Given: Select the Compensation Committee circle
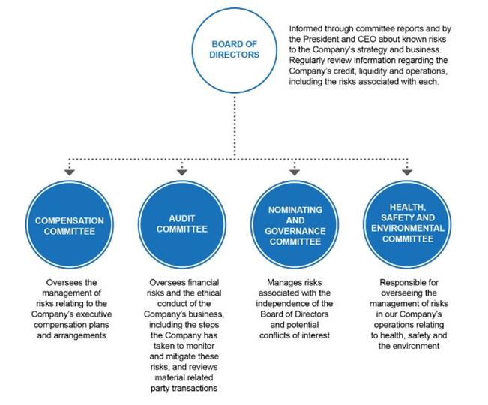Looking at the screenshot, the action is click(x=70, y=225).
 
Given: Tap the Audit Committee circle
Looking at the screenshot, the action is click(x=182, y=225).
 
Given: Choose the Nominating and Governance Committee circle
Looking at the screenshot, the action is click(x=295, y=225).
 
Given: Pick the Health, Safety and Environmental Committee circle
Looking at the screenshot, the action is click(x=407, y=225).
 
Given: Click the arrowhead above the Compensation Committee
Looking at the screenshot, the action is click(x=70, y=172).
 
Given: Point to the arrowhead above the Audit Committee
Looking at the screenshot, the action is click(x=182, y=172).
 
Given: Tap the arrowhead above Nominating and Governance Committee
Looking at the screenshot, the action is click(x=295, y=172).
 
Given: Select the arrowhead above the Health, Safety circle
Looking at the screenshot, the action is click(x=407, y=172).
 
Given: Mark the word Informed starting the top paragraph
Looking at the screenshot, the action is click(x=305, y=28).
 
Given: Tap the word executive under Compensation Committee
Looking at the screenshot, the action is click(x=94, y=313).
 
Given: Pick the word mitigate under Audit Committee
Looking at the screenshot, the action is click(x=182, y=356).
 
